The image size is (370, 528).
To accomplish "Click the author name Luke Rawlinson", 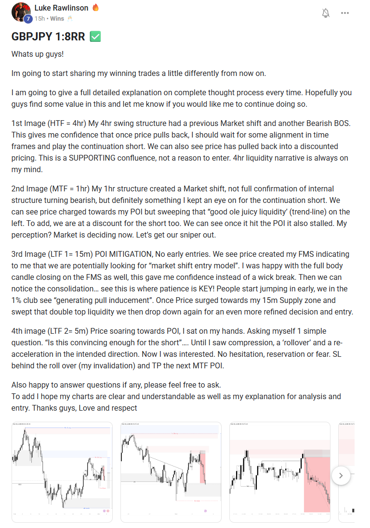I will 62,8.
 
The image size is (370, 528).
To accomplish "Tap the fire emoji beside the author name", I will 95,8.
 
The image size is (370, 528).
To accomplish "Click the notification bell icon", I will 326,13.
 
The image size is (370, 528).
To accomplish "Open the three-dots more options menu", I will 345,13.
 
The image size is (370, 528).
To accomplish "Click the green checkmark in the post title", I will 95,37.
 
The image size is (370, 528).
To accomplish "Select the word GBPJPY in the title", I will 32,37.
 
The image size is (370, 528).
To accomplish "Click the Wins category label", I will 57,18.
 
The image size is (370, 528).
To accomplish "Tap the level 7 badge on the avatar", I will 28,19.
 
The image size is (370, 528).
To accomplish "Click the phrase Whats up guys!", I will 38,54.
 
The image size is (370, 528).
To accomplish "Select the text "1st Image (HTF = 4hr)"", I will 49,123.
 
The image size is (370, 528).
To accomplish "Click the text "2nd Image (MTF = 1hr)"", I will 51,189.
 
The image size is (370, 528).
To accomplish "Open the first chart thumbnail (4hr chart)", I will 62,472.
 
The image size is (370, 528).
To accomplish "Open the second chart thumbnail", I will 171,472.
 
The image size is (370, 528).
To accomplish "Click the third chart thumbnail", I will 279,472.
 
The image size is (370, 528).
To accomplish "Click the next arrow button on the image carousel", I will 341,476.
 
